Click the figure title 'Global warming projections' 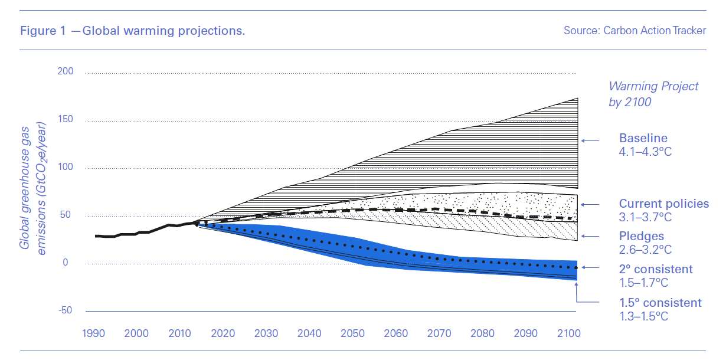(x=133, y=31)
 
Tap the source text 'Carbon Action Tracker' (x=635, y=31)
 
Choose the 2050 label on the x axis (x=352, y=333)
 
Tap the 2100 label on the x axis (x=570, y=333)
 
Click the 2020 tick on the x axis (x=223, y=333)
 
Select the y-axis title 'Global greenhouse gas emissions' (x=32, y=186)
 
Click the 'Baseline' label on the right (x=643, y=139)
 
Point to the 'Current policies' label (x=663, y=204)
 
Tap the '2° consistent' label (x=656, y=269)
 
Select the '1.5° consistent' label (x=660, y=303)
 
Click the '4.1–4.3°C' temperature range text (x=645, y=152)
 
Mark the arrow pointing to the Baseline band (x=590, y=140)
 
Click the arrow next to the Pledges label (x=590, y=236)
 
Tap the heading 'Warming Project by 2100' (x=653, y=94)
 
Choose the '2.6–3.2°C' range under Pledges (x=645, y=250)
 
